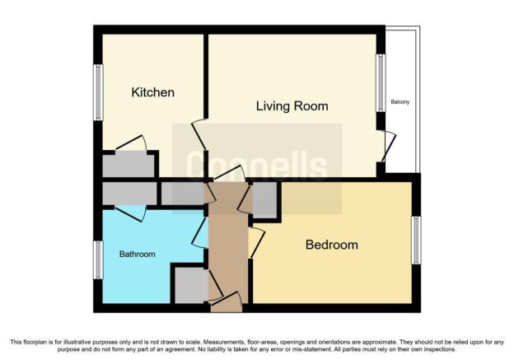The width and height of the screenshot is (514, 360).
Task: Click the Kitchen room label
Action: click(x=152, y=92)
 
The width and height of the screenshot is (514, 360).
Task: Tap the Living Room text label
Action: click(x=292, y=106)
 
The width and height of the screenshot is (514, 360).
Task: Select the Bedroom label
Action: click(x=332, y=245)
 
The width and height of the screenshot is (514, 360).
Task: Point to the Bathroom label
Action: click(x=137, y=254)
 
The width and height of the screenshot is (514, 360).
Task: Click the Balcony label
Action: click(x=400, y=102)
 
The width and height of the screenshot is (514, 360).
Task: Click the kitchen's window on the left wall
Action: click(x=98, y=92)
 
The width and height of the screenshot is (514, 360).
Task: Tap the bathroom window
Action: click(x=98, y=260)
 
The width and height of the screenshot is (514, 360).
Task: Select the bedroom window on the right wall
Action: click(x=416, y=240)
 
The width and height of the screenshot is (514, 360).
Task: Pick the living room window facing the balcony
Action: click(x=381, y=83)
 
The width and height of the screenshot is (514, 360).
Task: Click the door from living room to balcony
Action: click(x=390, y=147)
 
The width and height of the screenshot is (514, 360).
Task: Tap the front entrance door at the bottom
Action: click(x=227, y=301)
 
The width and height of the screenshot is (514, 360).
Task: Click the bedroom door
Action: click(x=257, y=243)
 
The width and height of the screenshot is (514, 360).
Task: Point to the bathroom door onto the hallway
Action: click(x=200, y=232)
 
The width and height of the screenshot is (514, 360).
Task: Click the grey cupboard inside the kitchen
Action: click(x=128, y=166)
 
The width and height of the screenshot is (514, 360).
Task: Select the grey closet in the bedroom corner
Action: click(x=265, y=199)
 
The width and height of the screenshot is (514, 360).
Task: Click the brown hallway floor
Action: click(x=228, y=243)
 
